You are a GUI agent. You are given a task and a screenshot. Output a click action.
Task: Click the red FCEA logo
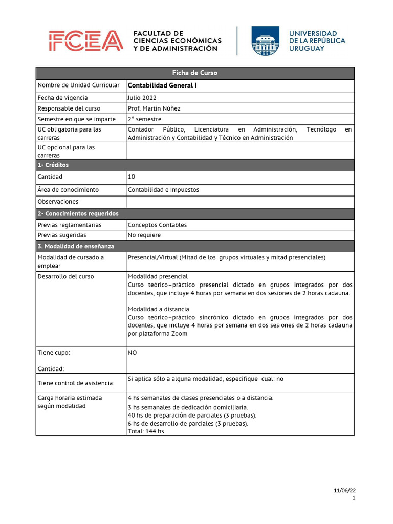tap(86, 41)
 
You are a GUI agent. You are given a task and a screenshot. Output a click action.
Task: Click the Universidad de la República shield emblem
tap(265, 41)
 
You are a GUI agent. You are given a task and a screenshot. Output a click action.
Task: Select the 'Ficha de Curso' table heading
tap(194, 73)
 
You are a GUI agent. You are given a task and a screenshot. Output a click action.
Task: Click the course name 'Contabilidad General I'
tap(162, 86)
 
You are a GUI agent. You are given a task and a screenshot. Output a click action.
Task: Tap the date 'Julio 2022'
tap(142, 98)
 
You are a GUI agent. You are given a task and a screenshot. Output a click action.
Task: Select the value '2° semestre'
tap(144, 119)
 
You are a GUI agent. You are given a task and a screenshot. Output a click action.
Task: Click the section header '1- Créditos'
tap(53, 165)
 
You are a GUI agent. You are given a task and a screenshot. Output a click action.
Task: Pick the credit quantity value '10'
tap(132, 177)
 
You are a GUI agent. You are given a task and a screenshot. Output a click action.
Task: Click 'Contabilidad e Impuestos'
tap(163, 190)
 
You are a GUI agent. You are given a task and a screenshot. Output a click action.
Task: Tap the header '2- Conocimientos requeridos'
tap(78, 213)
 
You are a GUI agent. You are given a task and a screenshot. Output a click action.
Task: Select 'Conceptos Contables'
tap(157, 225)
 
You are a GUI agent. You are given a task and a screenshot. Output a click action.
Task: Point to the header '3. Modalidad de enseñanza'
tap(76, 246)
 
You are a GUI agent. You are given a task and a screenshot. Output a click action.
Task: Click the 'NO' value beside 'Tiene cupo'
tap(132, 353)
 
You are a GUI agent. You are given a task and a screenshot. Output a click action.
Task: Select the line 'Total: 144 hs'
tap(146, 431)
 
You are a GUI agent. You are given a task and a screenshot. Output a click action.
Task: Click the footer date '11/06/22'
tap(344, 490)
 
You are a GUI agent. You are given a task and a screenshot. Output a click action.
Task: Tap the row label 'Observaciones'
tap(58, 202)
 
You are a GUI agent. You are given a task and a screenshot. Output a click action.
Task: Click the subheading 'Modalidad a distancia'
tap(158, 309)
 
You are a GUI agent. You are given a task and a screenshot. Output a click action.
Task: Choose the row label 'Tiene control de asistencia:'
tap(76, 383)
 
